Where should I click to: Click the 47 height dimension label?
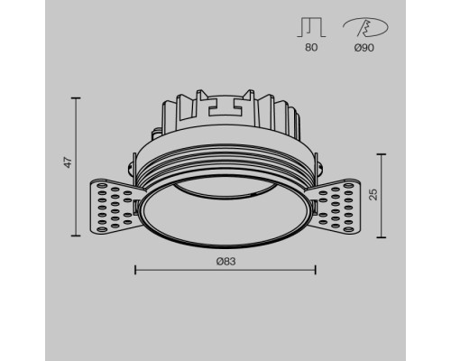point(69,162)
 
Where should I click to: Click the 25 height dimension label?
point(373,194)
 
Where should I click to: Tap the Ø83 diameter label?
point(225,262)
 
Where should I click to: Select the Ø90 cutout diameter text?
point(364,48)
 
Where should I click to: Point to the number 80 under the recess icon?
point(311,48)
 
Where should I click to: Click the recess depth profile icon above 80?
point(311,27)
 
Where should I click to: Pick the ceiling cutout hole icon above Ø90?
point(365,27)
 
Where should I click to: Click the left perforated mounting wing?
point(115,206)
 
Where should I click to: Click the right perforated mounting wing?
point(335,206)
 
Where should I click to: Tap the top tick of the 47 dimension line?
point(76,98)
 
